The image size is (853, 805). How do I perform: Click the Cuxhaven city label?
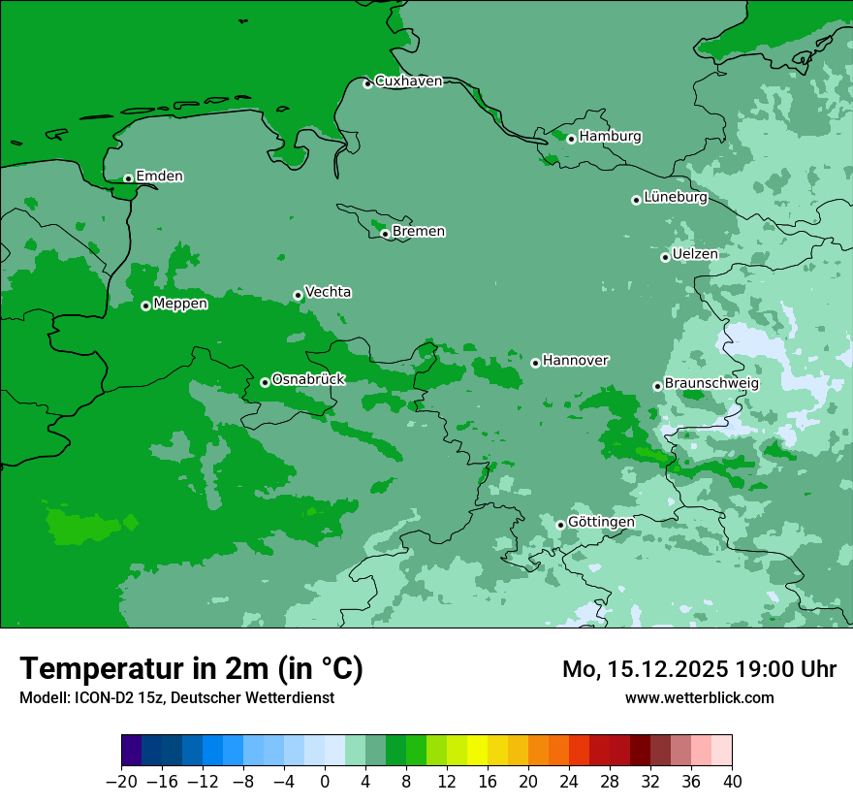[408, 81]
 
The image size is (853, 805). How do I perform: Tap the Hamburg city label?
[610, 137]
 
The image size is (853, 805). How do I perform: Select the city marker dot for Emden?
[128, 178]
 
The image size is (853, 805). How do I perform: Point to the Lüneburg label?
[675, 198]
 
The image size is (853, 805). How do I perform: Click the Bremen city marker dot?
[385, 234]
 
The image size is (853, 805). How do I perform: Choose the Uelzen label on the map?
[695, 255]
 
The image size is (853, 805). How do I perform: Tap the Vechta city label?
[328, 292]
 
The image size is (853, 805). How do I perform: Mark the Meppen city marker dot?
[145, 306]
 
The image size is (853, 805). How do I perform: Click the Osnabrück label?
[308, 379]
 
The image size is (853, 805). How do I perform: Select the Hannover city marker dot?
[535, 363]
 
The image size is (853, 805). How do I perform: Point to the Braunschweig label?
[711, 384]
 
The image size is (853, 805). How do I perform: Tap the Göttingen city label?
[601, 522]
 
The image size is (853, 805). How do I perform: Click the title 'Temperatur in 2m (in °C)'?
[191, 668]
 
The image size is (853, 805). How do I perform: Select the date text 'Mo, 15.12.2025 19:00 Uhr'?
[699, 669]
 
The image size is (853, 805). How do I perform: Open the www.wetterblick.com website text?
[699, 697]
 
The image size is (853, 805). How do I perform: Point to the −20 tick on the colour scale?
[121, 781]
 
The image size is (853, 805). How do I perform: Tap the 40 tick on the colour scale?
[732, 781]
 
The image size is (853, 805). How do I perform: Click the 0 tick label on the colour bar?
[325, 781]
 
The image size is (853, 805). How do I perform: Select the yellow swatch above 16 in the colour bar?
[477, 751]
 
